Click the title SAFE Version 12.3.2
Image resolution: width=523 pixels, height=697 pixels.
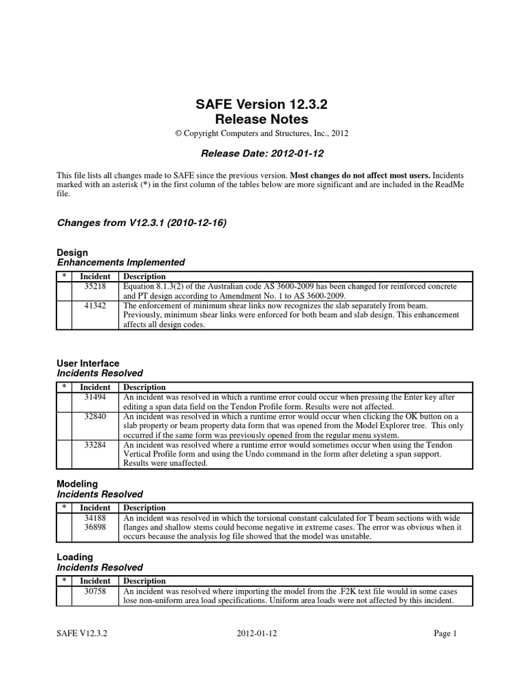point(261,105)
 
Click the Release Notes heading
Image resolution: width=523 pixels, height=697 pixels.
point(261,120)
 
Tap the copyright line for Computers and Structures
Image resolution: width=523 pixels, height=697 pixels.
point(261,133)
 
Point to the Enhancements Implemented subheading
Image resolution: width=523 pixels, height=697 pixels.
point(120,262)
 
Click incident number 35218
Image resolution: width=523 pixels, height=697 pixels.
point(94,287)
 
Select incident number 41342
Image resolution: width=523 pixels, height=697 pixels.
point(94,306)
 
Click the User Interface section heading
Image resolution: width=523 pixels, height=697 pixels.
point(87,363)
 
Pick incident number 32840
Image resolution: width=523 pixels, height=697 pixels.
point(94,417)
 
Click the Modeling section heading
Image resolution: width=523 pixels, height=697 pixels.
point(76,484)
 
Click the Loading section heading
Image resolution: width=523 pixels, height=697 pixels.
point(74,557)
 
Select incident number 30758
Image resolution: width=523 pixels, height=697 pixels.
point(94,591)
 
